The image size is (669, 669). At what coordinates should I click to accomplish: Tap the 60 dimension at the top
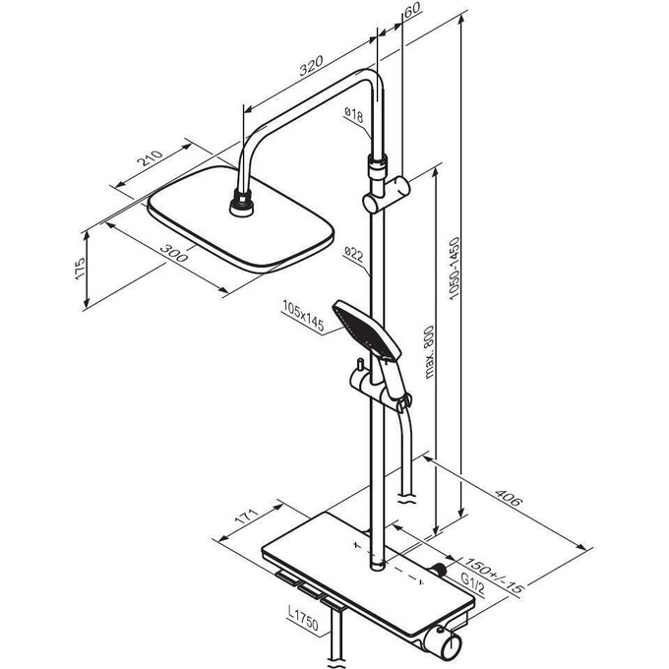411,10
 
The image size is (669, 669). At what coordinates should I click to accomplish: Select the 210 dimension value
150,158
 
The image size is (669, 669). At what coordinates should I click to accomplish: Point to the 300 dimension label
174,253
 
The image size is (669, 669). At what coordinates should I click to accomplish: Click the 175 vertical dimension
81,269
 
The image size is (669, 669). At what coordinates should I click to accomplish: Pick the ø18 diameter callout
354,115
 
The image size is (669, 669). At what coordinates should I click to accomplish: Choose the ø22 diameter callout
354,254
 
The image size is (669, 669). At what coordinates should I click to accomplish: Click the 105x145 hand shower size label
303,316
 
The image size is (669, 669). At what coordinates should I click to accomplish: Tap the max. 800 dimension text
429,352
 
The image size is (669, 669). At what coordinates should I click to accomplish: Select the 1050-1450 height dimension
455,269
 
